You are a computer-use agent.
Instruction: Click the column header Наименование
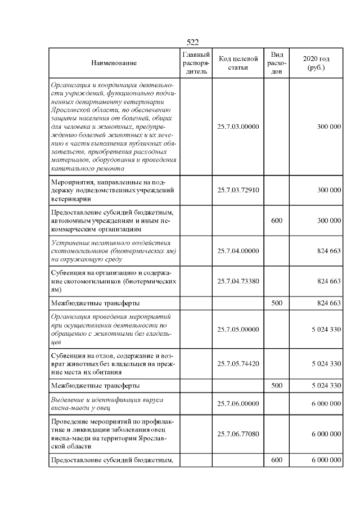coord(114,63)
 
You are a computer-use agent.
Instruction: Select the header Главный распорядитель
coord(196,63)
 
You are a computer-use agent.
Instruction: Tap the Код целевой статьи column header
coord(238,63)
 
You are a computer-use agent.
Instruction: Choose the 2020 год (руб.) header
coord(316,63)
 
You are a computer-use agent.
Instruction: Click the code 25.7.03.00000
coord(238,127)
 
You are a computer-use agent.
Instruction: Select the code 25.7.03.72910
coord(238,190)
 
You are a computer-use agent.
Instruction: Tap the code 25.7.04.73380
coord(238,281)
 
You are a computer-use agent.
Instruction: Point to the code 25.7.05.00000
coord(238,329)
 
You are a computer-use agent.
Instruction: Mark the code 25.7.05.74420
coord(238,363)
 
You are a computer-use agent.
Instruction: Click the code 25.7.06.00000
coord(238,403)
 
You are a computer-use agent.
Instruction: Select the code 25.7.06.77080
coord(238,434)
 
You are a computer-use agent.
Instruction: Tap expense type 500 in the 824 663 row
coord(276,303)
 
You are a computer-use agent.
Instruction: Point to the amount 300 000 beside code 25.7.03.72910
coord(329,190)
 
